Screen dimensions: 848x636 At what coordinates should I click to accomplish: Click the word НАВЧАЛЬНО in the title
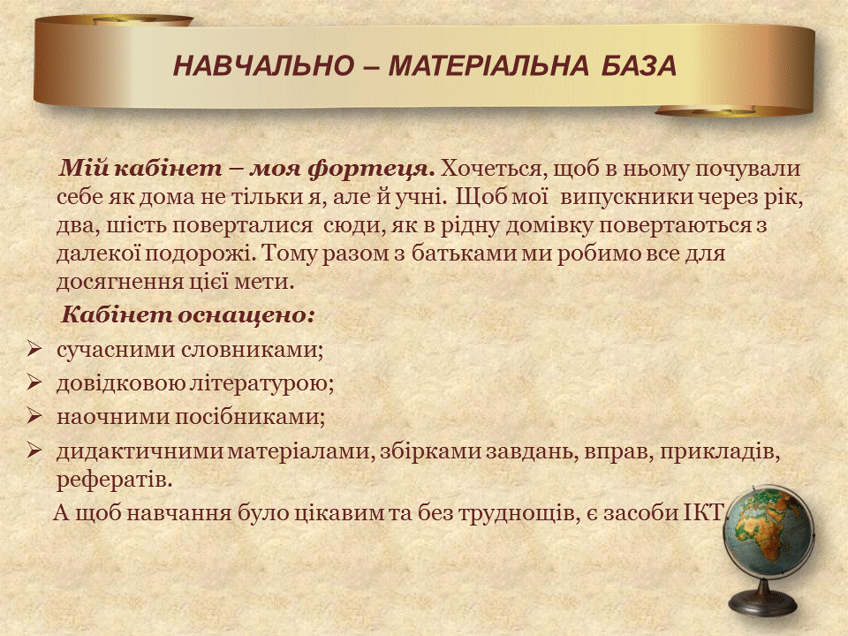(x=263, y=66)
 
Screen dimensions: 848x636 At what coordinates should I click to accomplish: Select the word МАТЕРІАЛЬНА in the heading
(x=488, y=66)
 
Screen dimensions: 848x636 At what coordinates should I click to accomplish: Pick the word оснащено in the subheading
(x=246, y=314)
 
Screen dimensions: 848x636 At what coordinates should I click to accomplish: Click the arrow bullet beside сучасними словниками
(x=34, y=349)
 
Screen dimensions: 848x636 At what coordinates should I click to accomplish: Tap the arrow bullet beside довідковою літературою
(x=34, y=382)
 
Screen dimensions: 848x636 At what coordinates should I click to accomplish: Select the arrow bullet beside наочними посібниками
(x=34, y=416)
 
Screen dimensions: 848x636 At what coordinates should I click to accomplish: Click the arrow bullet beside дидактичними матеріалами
(x=34, y=450)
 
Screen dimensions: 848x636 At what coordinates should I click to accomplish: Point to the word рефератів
(x=114, y=480)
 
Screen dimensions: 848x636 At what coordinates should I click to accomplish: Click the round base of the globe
(x=763, y=603)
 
